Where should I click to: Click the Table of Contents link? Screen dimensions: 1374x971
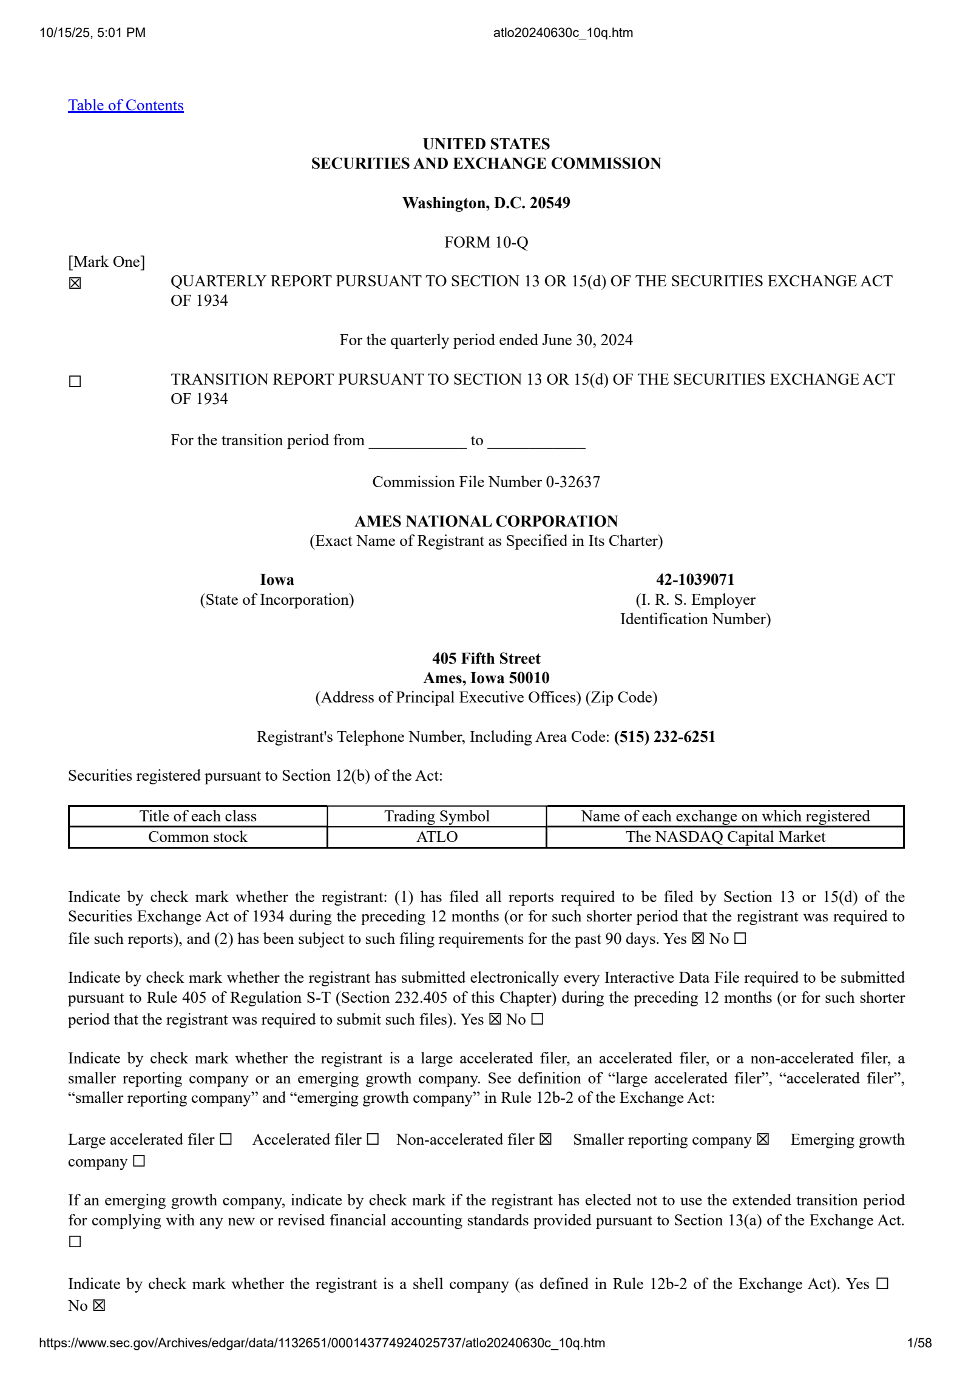(126, 106)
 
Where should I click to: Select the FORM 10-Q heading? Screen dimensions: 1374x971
(486, 243)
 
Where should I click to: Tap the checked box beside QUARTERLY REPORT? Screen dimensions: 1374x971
(75, 283)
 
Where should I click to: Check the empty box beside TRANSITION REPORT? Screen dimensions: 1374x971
(75, 382)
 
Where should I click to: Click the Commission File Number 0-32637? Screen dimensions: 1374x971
(486, 482)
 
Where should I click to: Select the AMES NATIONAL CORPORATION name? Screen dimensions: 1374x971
(486, 522)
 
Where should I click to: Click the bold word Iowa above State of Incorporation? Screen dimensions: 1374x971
(277, 580)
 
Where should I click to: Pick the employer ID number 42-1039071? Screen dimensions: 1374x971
(695, 580)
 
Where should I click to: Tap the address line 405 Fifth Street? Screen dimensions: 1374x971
(486, 659)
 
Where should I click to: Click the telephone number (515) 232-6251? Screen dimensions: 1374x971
(665, 737)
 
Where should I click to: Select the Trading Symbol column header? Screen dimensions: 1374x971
(437, 817)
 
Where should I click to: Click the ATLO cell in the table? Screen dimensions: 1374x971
(437, 837)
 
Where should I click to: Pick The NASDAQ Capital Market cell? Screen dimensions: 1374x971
(725, 837)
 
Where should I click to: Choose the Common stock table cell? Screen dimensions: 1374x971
(198, 837)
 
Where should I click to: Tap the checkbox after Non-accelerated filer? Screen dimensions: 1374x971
(546, 1140)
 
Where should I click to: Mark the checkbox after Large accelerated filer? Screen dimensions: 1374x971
(226, 1140)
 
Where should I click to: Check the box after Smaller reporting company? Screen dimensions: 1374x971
(763, 1140)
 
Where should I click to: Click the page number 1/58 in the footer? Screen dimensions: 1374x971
(919, 1343)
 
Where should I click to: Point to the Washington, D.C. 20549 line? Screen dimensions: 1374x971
(486, 203)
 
